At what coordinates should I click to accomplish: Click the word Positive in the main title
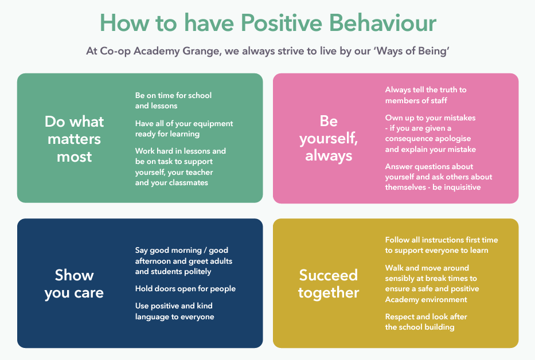[282, 23]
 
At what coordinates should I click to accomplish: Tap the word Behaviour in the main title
[382, 23]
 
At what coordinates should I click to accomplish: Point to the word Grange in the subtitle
[201, 51]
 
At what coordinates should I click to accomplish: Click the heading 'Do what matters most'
[74, 139]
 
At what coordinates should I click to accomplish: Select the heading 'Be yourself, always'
[329, 138]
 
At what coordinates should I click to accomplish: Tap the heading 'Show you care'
[74, 284]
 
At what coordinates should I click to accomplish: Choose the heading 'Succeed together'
[329, 284]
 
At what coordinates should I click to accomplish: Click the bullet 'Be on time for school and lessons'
[173, 100]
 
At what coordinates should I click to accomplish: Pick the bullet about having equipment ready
[184, 128]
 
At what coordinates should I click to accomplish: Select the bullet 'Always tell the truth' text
[426, 95]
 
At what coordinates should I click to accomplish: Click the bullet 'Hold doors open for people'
[185, 289]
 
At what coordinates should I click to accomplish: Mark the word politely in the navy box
[198, 272]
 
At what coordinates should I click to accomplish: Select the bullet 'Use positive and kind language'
[175, 311]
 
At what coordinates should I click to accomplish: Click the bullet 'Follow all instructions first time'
[442, 245]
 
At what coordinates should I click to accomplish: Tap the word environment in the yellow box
[446, 300]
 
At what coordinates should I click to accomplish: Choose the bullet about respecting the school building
[426, 322]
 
